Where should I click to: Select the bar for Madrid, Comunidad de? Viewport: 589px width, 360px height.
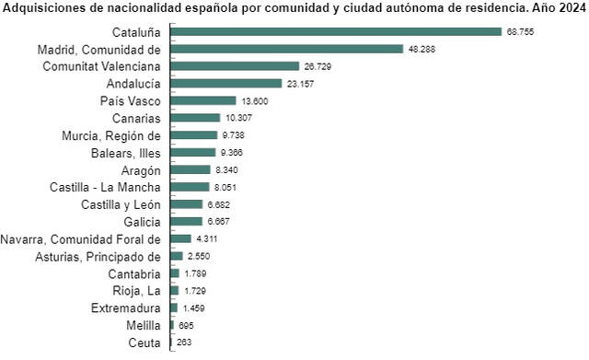point(286,49)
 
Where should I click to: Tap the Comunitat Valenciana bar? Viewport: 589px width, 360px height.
point(235,66)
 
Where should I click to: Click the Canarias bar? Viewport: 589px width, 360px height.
point(195,118)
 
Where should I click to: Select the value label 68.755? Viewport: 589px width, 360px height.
point(520,31)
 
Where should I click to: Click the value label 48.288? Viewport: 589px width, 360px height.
point(422,49)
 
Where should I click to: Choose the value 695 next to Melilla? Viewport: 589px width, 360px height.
point(186,326)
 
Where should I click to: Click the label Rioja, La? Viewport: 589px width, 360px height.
point(136,291)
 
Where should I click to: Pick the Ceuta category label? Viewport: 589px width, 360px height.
point(145,343)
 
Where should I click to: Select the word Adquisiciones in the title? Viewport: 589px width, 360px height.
point(42,6)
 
